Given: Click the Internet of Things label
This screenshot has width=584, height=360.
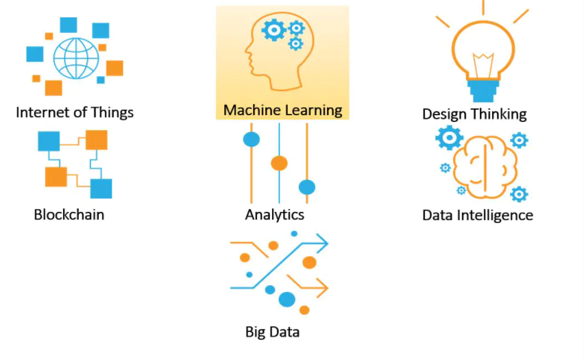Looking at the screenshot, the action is [x=75, y=112].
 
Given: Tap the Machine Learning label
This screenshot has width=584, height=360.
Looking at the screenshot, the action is [x=282, y=110].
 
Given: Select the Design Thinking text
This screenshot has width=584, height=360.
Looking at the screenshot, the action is [x=474, y=114].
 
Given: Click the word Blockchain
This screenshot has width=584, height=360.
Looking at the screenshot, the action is [x=69, y=214].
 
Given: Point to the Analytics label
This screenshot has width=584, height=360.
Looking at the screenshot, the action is [x=275, y=214].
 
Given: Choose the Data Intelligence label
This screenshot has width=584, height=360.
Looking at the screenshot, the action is [x=477, y=215].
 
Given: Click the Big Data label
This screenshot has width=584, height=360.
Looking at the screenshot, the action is [x=272, y=332].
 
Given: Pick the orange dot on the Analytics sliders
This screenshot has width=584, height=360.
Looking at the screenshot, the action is [x=279, y=163].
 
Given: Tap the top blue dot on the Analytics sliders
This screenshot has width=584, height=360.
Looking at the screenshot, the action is [x=252, y=139].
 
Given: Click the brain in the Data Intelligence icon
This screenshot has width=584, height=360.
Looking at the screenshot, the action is [x=485, y=163].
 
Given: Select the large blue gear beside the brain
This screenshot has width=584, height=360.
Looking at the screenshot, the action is [x=450, y=138].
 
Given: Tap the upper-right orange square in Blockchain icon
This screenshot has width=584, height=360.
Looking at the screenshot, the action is [x=97, y=140].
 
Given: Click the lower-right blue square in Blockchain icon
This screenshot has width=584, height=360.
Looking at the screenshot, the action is [x=101, y=188].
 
